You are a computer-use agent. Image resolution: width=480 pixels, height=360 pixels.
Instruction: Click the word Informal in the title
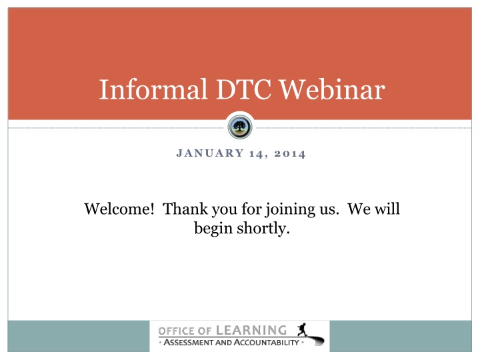(153, 89)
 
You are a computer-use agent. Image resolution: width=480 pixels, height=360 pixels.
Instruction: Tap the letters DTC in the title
(244, 89)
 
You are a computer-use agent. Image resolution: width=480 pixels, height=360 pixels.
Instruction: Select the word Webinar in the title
(333, 89)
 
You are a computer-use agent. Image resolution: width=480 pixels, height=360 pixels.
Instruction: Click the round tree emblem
(240, 127)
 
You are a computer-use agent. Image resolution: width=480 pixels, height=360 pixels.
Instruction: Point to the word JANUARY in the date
(210, 153)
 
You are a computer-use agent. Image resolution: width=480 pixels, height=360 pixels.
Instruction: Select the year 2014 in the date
(289, 154)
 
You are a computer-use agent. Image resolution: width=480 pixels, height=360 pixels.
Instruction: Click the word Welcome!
(119, 209)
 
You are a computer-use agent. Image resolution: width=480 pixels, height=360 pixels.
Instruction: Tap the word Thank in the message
(185, 209)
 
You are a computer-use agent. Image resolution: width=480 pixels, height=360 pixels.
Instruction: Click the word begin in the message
(213, 229)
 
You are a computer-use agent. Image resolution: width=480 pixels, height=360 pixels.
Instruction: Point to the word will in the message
(387, 209)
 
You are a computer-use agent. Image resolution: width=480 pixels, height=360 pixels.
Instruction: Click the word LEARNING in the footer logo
(251, 331)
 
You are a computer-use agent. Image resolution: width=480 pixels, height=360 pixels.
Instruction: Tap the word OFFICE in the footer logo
(176, 331)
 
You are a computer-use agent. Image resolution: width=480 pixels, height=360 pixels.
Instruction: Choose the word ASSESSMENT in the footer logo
(189, 342)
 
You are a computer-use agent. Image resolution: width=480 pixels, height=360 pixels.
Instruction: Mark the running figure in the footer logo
(303, 330)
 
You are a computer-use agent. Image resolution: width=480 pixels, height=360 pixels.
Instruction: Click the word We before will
(359, 209)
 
